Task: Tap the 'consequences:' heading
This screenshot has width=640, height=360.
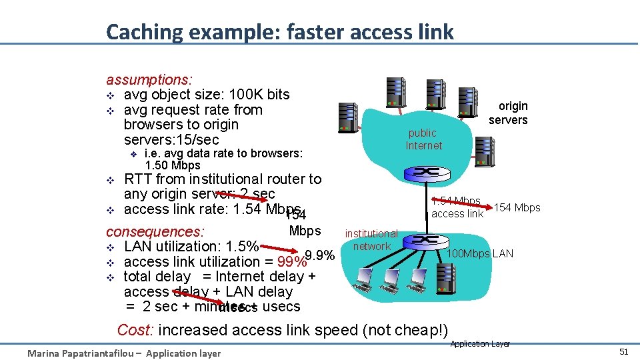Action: pos(155,232)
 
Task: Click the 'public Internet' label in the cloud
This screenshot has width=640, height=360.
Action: pos(424,139)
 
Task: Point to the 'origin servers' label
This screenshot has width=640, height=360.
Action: pos(509,113)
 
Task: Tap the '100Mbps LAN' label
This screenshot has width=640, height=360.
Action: pos(479,253)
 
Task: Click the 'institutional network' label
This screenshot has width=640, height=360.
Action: pos(371,240)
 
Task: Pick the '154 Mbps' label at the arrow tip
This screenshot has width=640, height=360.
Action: pos(517,207)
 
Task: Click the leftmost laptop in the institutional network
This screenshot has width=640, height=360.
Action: pos(364,285)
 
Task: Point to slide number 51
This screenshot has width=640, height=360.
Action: pos(623,351)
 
